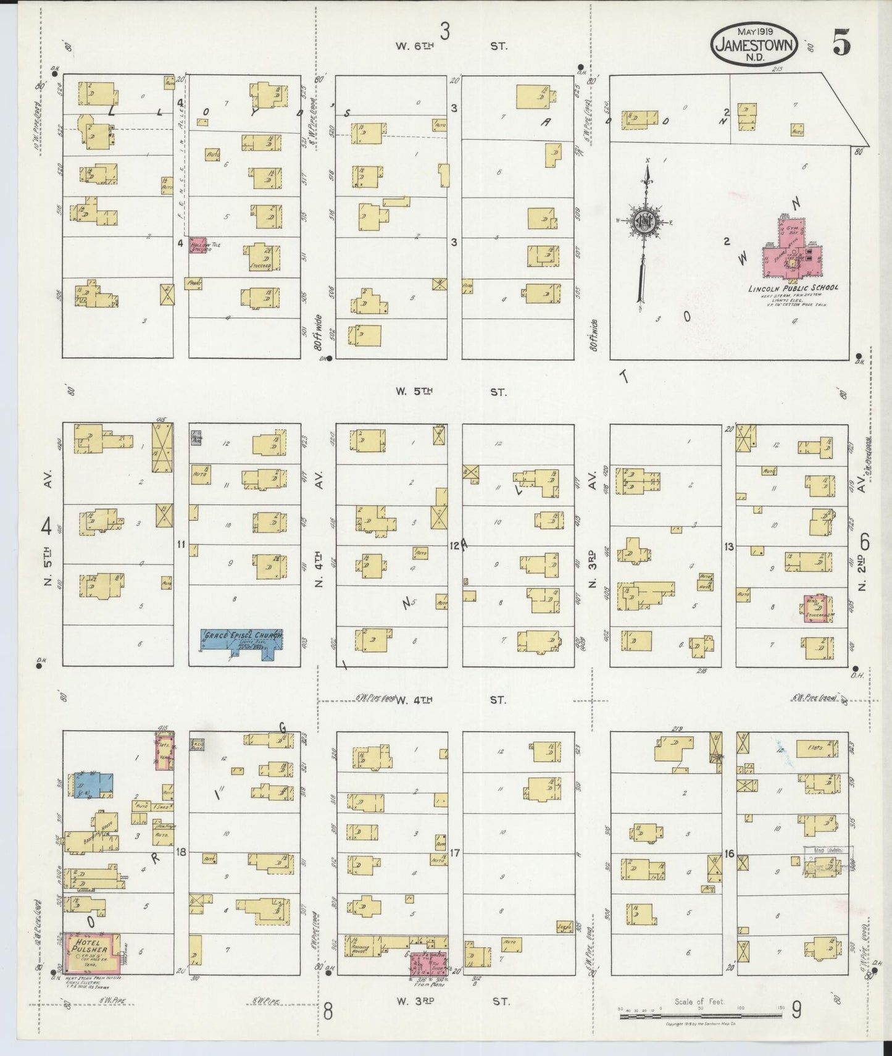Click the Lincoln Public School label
(x=793, y=288)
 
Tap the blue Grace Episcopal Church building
(x=242, y=640)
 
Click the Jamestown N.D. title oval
(x=755, y=44)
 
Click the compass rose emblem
(x=645, y=220)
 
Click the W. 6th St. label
(x=451, y=46)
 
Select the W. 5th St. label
(x=451, y=392)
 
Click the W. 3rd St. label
(x=451, y=1002)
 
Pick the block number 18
(x=181, y=853)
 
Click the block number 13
(x=729, y=546)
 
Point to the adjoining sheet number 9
(x=797, y=1009)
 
